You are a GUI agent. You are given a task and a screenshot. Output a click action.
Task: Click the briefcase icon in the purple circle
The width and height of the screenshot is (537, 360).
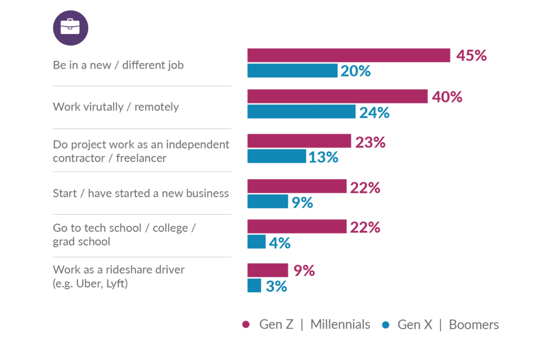click(x=70, y=27)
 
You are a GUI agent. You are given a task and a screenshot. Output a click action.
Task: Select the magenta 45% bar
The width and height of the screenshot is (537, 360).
click(x=349, y=55)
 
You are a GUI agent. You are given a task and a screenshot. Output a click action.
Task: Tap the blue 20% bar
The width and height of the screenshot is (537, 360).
click(x=293, y=70)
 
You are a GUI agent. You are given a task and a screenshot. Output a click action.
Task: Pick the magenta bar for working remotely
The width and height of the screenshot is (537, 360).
click(x=338, y=97)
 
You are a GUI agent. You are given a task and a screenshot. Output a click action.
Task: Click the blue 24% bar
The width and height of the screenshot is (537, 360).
click(x=302, y=112)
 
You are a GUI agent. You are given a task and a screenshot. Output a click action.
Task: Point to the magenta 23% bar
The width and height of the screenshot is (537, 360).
click(x=299, y=141)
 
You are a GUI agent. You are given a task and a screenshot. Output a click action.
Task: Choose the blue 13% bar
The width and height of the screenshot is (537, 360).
click(x=276, y=156)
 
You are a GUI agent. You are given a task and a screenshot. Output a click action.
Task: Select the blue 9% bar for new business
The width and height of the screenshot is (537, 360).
click(x=267, y=202)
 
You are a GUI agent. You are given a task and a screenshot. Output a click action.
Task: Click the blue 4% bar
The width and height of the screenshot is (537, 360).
click(x=256, y=242)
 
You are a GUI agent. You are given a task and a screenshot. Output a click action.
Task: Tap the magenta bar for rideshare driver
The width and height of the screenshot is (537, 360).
click(x=267, y=270)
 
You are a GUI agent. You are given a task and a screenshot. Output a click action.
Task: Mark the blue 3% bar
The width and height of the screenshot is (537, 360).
click(x=254, y=286)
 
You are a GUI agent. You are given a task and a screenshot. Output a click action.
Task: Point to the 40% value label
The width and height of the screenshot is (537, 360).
click(x=447, y=97)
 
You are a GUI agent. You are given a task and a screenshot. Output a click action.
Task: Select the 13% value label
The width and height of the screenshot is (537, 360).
click(x=323, y=157)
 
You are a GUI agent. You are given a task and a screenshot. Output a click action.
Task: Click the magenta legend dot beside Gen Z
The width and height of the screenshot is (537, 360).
click(x=245, y=325)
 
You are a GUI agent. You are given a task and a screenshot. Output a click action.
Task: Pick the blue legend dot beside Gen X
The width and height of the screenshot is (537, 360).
click(x=386, y=325)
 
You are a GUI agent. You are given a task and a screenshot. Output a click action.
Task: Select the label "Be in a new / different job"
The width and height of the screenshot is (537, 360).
click(x=119, y=66)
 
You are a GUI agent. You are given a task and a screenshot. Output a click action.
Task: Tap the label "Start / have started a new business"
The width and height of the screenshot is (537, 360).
click(x=141, y=194)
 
